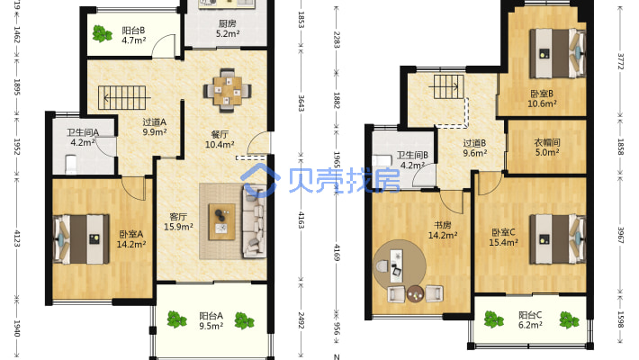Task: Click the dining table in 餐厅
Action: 228,91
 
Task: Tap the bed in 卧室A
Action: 82,238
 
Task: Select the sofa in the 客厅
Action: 255,220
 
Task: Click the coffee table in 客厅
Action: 221,221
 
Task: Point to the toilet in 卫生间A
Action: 71,164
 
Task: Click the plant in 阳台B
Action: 102,33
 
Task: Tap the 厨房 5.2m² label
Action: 228,29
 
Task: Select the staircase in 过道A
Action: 121,97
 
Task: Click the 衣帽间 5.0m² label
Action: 547,148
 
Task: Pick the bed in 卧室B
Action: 557,53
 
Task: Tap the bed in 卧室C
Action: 557,239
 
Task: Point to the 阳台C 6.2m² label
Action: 530,319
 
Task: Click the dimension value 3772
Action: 621,61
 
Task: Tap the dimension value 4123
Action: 17,238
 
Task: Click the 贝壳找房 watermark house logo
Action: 260,180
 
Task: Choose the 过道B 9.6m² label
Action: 475,148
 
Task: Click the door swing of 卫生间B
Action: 424,175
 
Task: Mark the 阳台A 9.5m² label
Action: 211,320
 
